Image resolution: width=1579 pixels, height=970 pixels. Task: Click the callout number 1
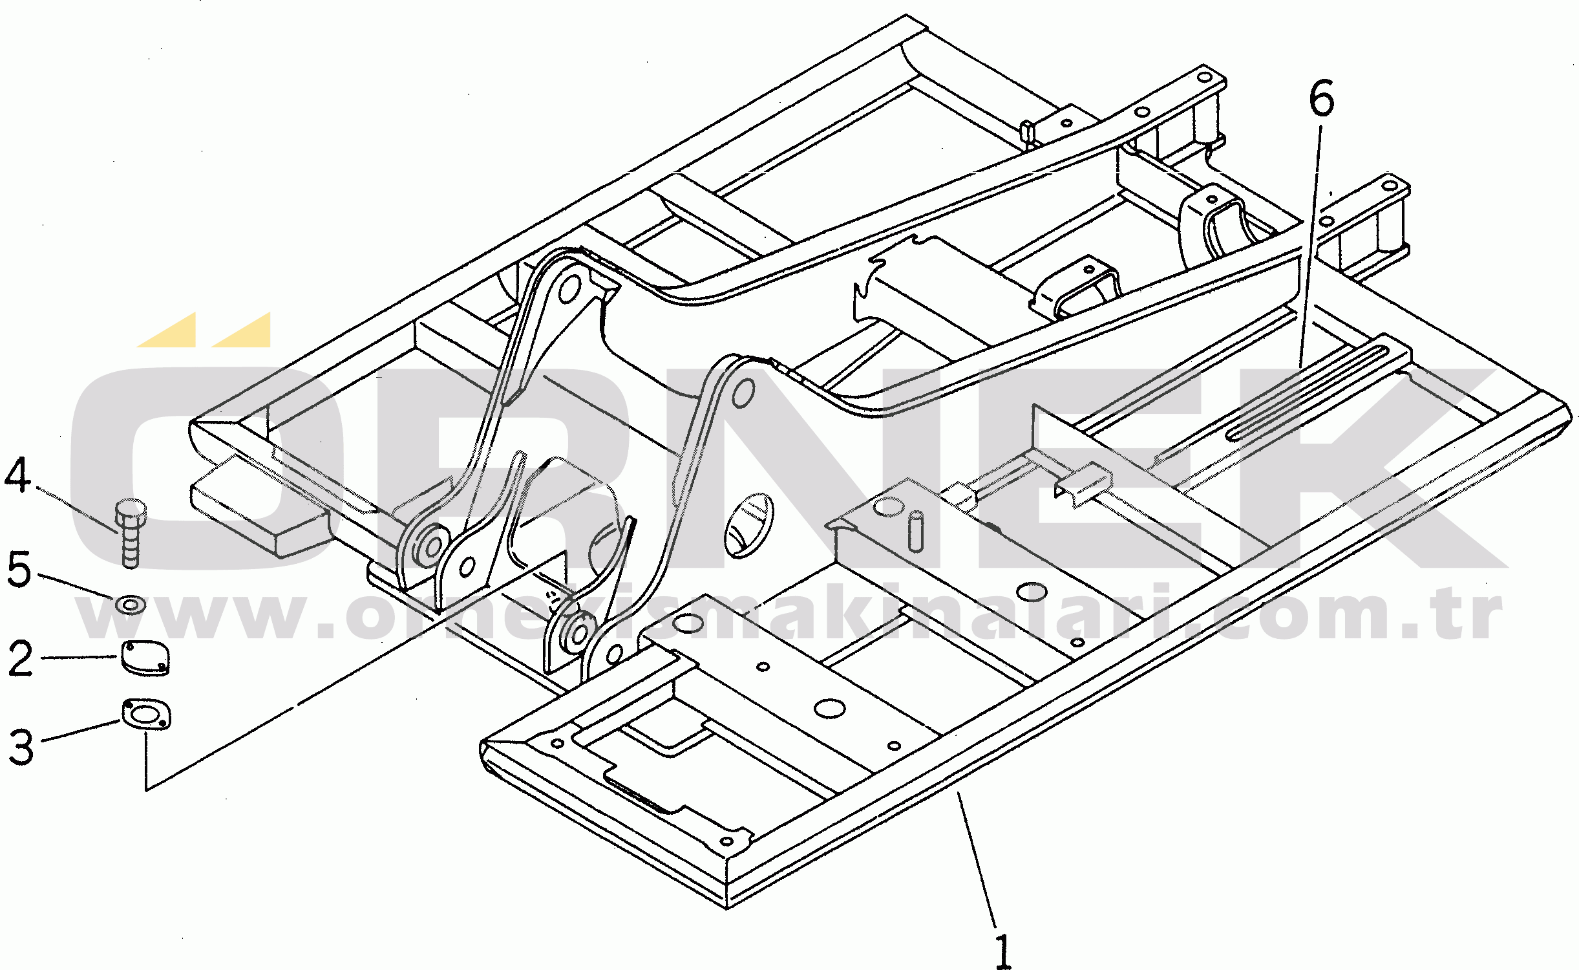click(1002, 951)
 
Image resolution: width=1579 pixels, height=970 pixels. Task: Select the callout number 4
click(17, 475)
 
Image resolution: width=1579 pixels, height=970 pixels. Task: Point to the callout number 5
click(19, 569)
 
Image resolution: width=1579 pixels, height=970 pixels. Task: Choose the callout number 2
click(20, 658)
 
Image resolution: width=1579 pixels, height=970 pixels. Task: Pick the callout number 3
click(21, 747)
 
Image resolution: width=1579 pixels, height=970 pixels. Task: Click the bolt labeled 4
click(131, 533)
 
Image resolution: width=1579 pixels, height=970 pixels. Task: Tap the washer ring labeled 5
click(131, 605)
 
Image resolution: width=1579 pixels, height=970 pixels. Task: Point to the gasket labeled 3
click(146, 715)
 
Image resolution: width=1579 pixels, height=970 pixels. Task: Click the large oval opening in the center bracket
click(748, 524)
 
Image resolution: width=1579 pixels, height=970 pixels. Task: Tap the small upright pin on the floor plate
click(916, 531)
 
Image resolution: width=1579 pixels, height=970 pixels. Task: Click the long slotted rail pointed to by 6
click(1306, 394)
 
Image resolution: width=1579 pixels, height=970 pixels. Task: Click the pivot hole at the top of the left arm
click(569, 288)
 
